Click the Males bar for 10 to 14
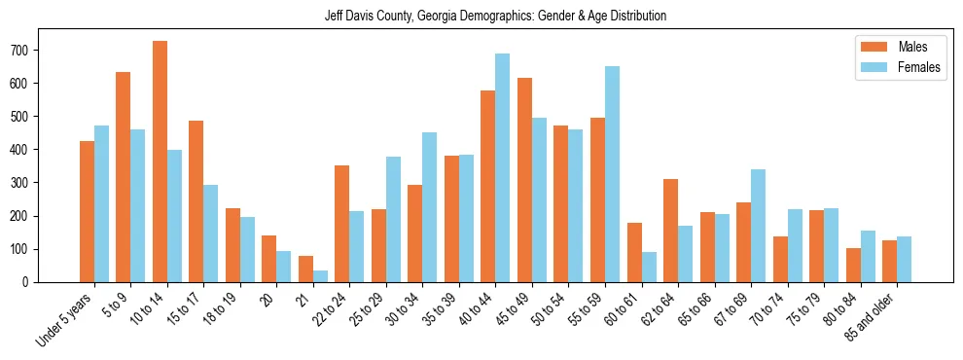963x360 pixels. (160, 162)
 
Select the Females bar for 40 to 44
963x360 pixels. (503, 167)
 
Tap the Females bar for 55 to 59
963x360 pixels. (612, 174)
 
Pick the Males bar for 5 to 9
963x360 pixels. (124, 177)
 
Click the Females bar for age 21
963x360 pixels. (320, 276)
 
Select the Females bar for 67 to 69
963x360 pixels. (758, 226)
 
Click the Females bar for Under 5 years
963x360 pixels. (101, 203)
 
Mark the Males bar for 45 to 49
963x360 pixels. (524, 180)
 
